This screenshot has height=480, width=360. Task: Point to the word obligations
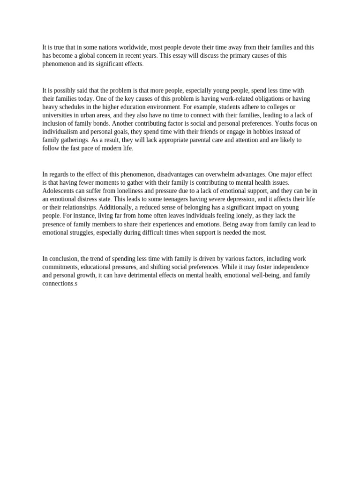(266, 99)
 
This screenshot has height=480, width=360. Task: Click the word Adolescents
(60, 191)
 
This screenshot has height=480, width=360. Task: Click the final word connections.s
(60, 284)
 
